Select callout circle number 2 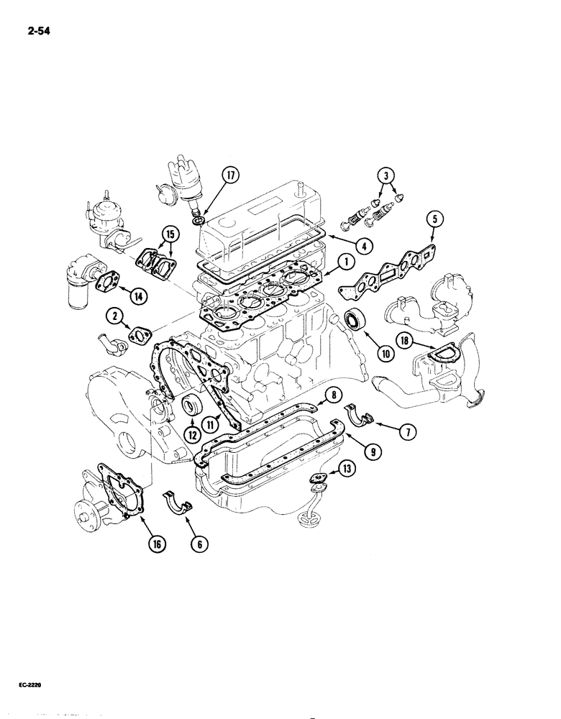click(x=114, y=314)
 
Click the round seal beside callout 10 click(x=354, y=319)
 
